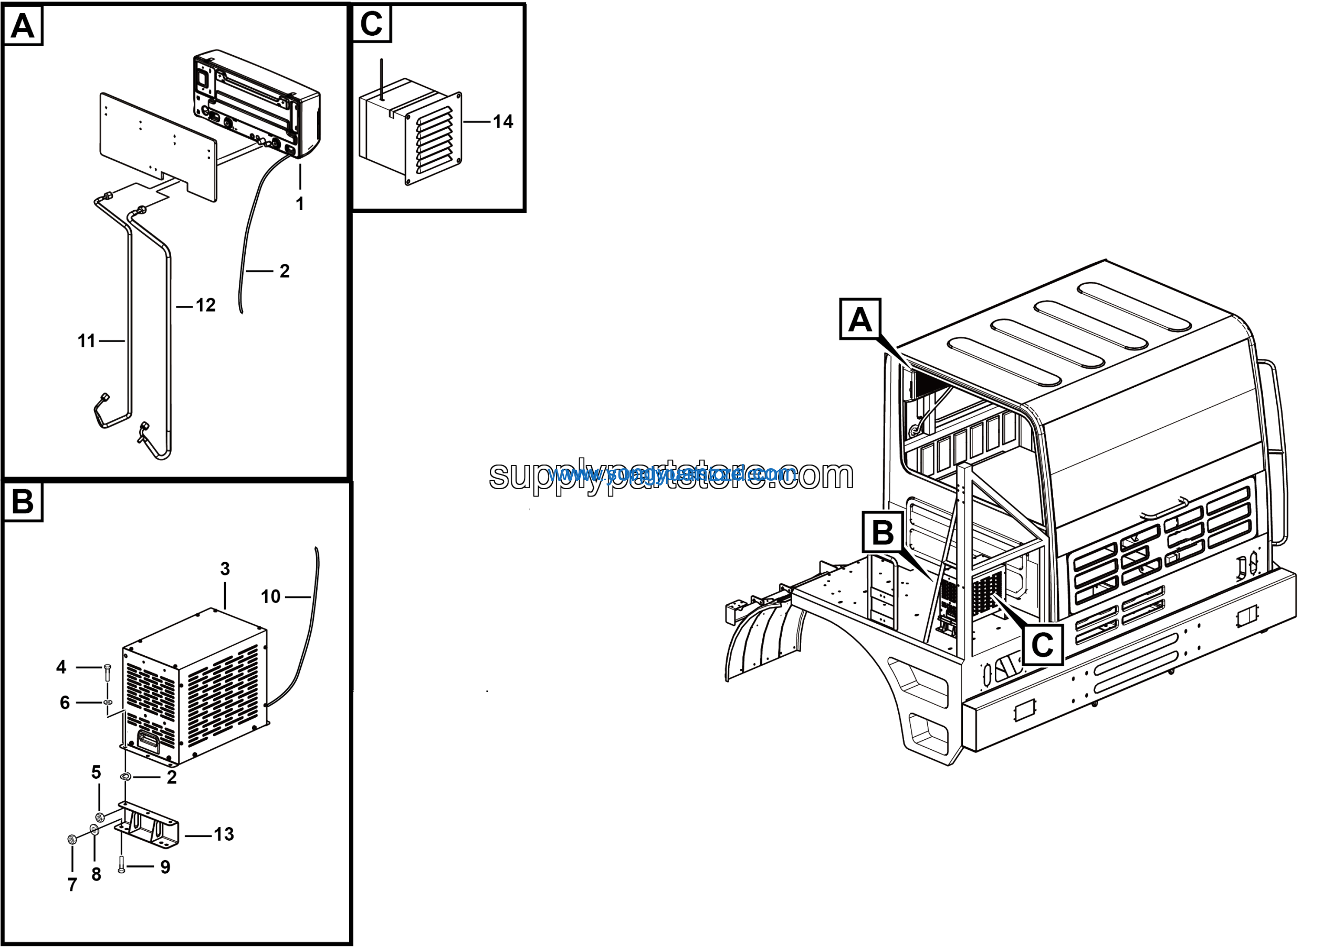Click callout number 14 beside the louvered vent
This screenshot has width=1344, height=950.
(x=502, y=122)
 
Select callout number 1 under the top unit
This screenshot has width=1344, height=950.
(x=300, y=204)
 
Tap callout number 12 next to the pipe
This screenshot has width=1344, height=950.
(x=205, y=305)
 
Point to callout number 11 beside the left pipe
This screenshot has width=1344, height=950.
(x=86, y=341)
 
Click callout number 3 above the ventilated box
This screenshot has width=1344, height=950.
(x=225, y=569)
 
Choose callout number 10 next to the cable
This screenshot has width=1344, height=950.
(x=270, y=597)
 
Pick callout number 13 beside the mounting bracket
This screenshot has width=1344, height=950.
(x=224, y=834)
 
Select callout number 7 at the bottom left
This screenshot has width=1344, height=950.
(x=72, y=885)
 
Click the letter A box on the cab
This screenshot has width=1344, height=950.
(x=859, y=319)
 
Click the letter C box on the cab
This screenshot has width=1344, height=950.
(x=1043, y=645)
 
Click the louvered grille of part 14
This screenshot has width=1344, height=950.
(x=434, y=139)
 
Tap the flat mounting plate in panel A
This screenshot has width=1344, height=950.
(x=158, y=147)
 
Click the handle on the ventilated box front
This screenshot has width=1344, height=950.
(x=149, y=741)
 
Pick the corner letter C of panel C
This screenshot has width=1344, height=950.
(x=372, y=24)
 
